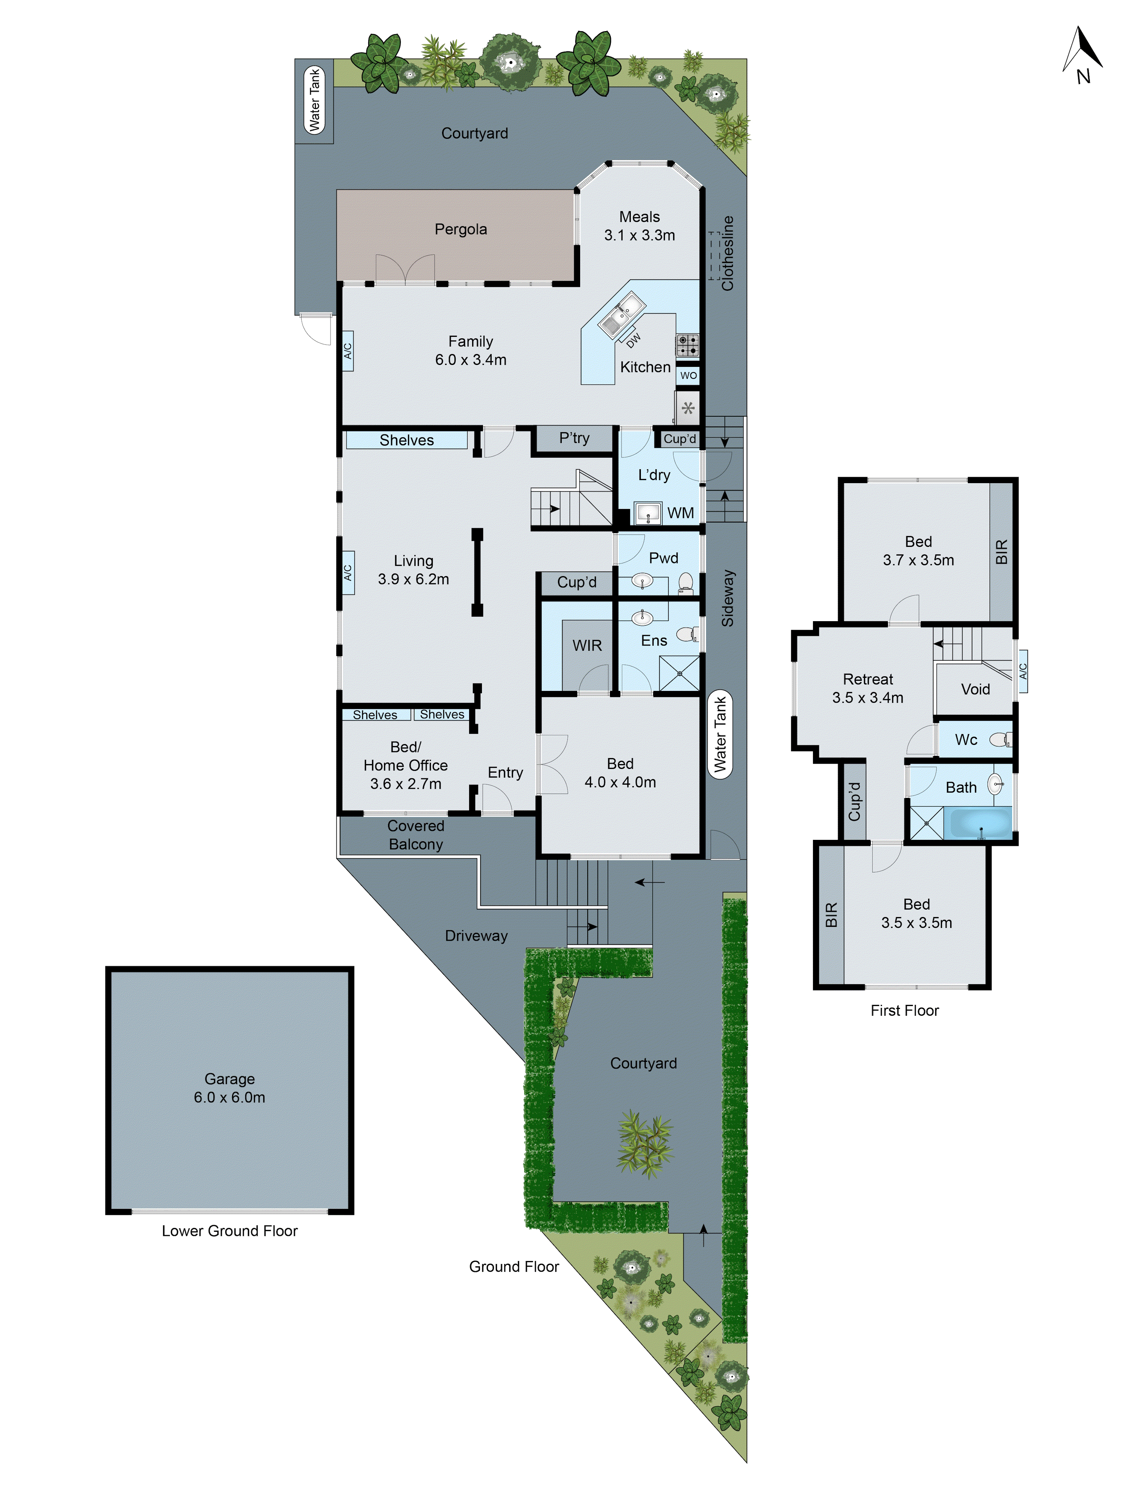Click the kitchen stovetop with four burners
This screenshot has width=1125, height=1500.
point(687,345)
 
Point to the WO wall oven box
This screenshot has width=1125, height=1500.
point(688,375)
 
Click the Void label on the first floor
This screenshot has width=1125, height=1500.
point(975,689)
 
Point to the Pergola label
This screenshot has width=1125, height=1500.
point(460,229)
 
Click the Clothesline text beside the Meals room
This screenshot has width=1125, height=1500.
point(727,253)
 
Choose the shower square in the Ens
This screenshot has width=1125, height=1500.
point(679,673)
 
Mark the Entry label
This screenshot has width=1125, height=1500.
point(505,772)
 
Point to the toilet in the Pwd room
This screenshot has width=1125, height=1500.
point(685,583)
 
